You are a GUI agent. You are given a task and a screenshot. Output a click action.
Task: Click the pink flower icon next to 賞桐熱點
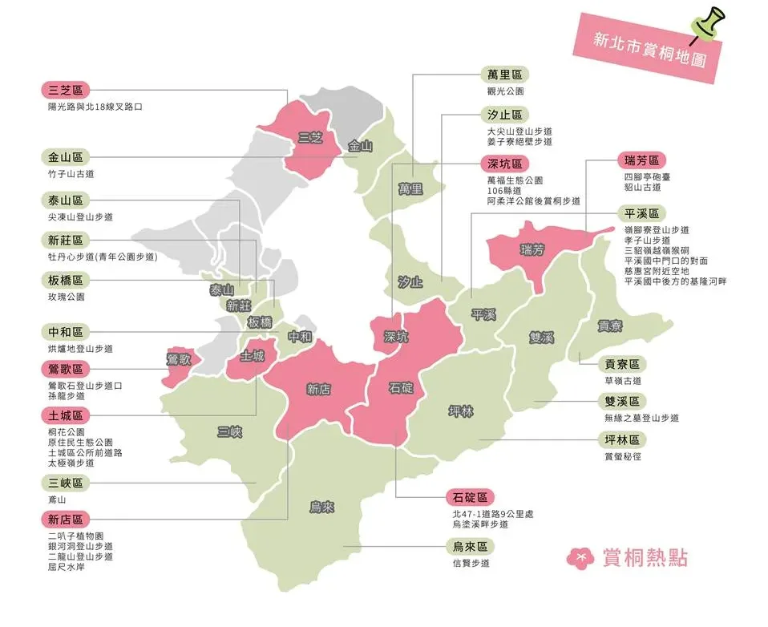tap(580, 557)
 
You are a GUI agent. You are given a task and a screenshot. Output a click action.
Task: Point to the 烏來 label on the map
tap(321, 507)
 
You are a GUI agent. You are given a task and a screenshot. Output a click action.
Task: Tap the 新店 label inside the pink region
tap(318, 390)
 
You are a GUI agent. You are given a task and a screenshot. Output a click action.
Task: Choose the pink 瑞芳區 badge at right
tap(641, 160)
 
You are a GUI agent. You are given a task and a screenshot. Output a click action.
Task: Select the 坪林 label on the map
tap(460, 411)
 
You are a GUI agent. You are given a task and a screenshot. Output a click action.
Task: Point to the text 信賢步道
tap(471, 563)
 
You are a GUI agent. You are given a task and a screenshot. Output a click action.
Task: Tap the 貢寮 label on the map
tap(609, 326)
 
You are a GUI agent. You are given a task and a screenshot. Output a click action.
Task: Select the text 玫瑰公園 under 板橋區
tap(66, 297)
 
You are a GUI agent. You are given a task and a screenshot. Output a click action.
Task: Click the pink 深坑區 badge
tap(505, 164)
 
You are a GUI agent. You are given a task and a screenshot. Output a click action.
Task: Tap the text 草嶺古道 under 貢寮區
tap(623, 381)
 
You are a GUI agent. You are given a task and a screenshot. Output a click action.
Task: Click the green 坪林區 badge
tap(622, 439)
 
